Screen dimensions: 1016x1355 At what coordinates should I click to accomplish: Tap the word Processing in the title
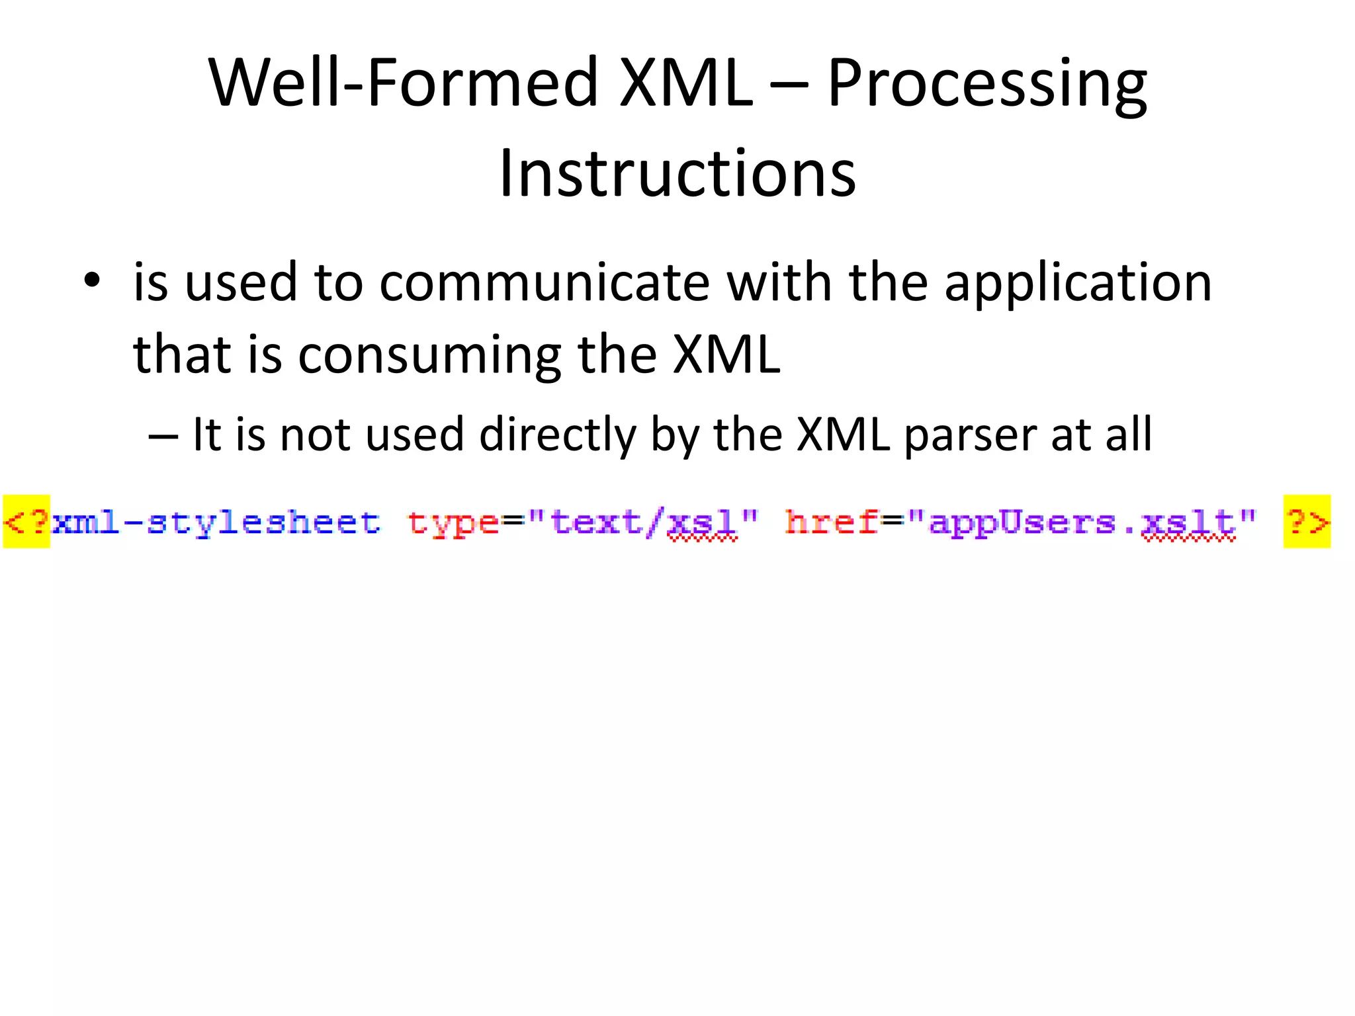(986, 83)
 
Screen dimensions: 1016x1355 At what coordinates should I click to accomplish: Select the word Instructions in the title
(677, 173)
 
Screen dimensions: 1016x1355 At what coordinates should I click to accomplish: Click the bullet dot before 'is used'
(92, 282)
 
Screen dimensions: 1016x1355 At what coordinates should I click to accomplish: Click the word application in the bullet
(1078, 283)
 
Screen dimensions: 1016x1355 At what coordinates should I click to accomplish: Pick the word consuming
(429, 355)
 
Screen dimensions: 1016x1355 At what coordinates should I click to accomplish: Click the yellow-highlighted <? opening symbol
(26, 522)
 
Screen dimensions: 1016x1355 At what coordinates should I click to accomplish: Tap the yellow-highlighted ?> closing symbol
(1307, 522)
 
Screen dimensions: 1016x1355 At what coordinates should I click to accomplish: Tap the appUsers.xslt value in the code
(1082, 523)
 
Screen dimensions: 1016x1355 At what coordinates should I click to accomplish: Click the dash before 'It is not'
(163, 437)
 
